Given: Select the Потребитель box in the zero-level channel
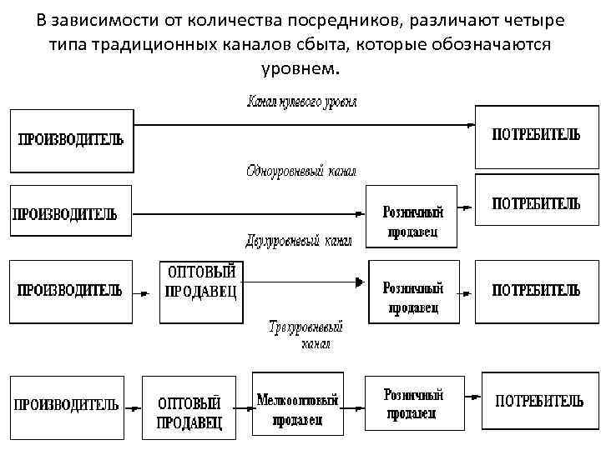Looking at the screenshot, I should [535, 136].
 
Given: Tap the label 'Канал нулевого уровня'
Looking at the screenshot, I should [303, 102].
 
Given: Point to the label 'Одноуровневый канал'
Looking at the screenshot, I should [301, 172].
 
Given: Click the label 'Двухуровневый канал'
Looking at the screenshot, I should [299, 241].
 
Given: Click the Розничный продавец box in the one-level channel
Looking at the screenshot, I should [412, 216].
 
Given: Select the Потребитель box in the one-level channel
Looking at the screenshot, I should [535, 202].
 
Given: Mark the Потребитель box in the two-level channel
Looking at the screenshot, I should [535, 290].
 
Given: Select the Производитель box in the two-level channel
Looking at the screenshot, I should [71, 290].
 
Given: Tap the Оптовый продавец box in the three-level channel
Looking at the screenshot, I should [189, 407].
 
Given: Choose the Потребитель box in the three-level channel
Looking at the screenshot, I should [539, 402].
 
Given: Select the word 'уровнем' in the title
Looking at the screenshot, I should [301, 65].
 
